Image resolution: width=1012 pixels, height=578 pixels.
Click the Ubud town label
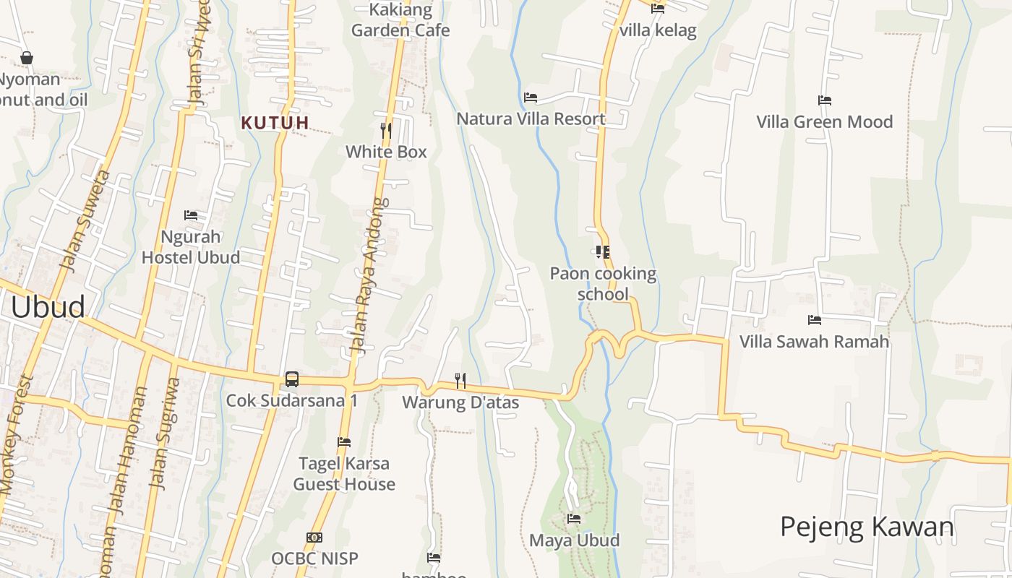pyautogui.click(x=48, y=307)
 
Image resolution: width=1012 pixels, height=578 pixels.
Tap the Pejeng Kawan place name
pyautogui.click(x=867, y=527)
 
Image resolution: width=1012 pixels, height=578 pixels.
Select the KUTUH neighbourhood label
pyautogui.click(x=275, y=123)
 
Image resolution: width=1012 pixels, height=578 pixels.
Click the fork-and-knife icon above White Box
pyautogui.click(x=386, y=130)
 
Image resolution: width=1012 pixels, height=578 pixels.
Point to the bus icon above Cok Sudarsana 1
pyautogui.click(x=292, y=379)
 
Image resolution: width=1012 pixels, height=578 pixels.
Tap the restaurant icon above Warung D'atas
pyautogui.click(x=460, y=380)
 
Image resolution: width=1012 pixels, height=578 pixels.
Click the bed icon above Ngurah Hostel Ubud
pyautogui.click(x=191, y=215)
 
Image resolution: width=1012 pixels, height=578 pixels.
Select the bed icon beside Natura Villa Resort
pyautogui.click(x=531, y=98)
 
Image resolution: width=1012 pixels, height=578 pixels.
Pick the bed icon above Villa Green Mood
pyautogui.click(x=825, y=100)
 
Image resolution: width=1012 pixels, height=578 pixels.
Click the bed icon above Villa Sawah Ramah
pyautogui.click(x=815, y=319)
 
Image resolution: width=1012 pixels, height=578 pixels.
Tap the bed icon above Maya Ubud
pyautogui.click(x=574, y=519)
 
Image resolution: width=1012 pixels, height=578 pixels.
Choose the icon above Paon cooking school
pyautogui.click(x=602, y=252)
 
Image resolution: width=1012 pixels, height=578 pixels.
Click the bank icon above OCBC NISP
pyautogui.click(x=314, y=538)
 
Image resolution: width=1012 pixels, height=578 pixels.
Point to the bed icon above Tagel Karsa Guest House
pyautogui.click(x=344, y=442)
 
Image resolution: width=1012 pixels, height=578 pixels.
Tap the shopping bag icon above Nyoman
pyautogui.click(x=27, y=58)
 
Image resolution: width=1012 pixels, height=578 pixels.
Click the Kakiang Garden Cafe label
pyautogui.click(x=400, y=20)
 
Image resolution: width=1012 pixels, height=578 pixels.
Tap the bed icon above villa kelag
pyautogui.click(x=658, y=9)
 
